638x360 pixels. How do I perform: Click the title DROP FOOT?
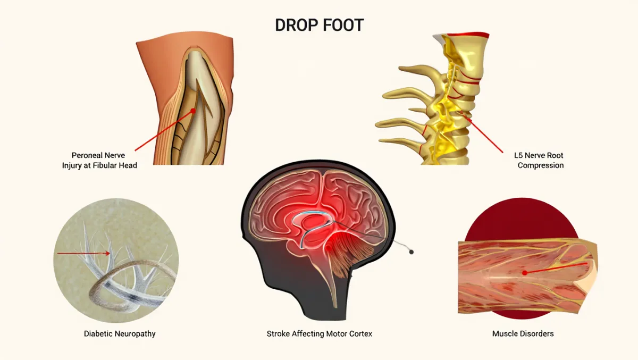point(319,25)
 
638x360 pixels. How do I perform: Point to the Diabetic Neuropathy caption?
point(120,334)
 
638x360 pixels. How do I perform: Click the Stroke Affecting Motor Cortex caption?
point(320,334)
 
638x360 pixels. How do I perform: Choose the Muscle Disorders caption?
point(523,334)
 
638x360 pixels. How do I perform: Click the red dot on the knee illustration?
point(194,111)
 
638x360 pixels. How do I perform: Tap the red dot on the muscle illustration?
point(525,272)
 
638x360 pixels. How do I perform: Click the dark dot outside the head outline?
point(410,252)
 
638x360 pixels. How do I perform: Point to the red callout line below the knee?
point(159,133)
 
